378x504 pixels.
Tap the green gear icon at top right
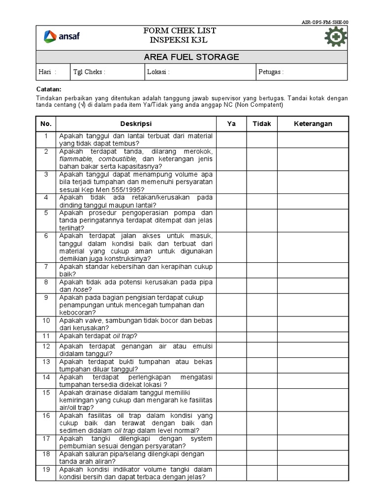pyautogui.click(x=336, y=37)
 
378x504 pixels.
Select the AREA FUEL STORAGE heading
pyautogui.click(x=191, y=57)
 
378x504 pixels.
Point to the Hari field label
pyautogui.click(x=47, y=72)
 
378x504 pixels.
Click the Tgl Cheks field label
pyautogui.click(x=89, y=72)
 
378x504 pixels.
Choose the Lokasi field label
pyautogui.click(x=158, y=72)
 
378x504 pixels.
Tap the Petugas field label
pyautogui.click(x=271, y=72)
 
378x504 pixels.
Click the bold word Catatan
pyautogui.click(x=49, y=89)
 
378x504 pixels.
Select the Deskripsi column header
pyautogui.click(x=136, y=124)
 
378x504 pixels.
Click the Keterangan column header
pyautogui.click(x=313, y=124)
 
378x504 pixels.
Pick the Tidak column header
pyautogui.click(x=262, y=124)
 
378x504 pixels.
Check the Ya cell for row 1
pyautogui.click(x=231, y=139)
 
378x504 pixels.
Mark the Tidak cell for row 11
pyautogui.click(x=262, y=336)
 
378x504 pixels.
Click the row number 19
pyautogui.click(x=46, y=470)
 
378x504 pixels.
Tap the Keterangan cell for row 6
pyautogui.click(x=313, y=247)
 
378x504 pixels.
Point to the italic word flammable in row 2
pyautogui.click(x=77, y=159)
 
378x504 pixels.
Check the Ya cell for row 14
pyautogui.click(x=231, y=381)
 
